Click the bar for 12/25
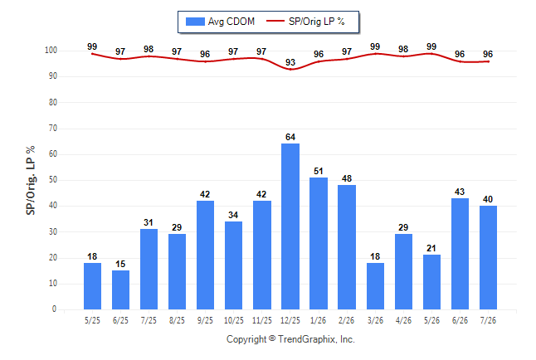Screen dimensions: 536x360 coord(290,226)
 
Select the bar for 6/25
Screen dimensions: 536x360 coord(120,290)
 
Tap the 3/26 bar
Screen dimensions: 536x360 coord(375,286)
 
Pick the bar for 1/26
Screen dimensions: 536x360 coord(319,243)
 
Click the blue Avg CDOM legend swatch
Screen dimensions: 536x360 coord(195,22)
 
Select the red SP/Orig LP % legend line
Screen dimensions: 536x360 coord(275,21)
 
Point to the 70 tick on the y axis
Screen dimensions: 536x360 coord(53,129)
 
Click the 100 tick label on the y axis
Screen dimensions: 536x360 coord(51,51)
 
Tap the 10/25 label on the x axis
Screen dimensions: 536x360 coord(234,320)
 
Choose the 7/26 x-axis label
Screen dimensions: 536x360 coord(488,320)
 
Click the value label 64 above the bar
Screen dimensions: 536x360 coord(290,137)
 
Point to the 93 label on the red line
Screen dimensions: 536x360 coord(290,62)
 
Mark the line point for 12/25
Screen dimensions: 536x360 coord(290,70)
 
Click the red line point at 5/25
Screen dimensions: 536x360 coord(92,54)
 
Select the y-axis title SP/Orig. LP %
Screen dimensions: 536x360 coord(31,180)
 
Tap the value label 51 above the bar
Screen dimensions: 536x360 coord(319,171)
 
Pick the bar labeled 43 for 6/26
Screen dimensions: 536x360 coord(460,254)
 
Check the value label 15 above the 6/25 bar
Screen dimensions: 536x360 coord(120,264)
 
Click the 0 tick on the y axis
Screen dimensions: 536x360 coord(55,309)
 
